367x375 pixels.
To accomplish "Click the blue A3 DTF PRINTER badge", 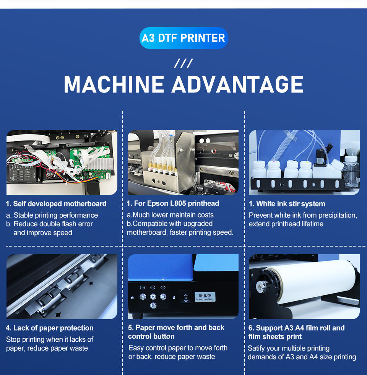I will (x=183, y=38).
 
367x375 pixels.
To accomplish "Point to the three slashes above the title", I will (x=183, y=63).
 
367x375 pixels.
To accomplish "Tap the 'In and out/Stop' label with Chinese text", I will (x=206, y=297).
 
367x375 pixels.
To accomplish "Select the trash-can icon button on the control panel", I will (x=153, y=305).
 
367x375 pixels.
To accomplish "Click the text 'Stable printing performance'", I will (x=56, y=215).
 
